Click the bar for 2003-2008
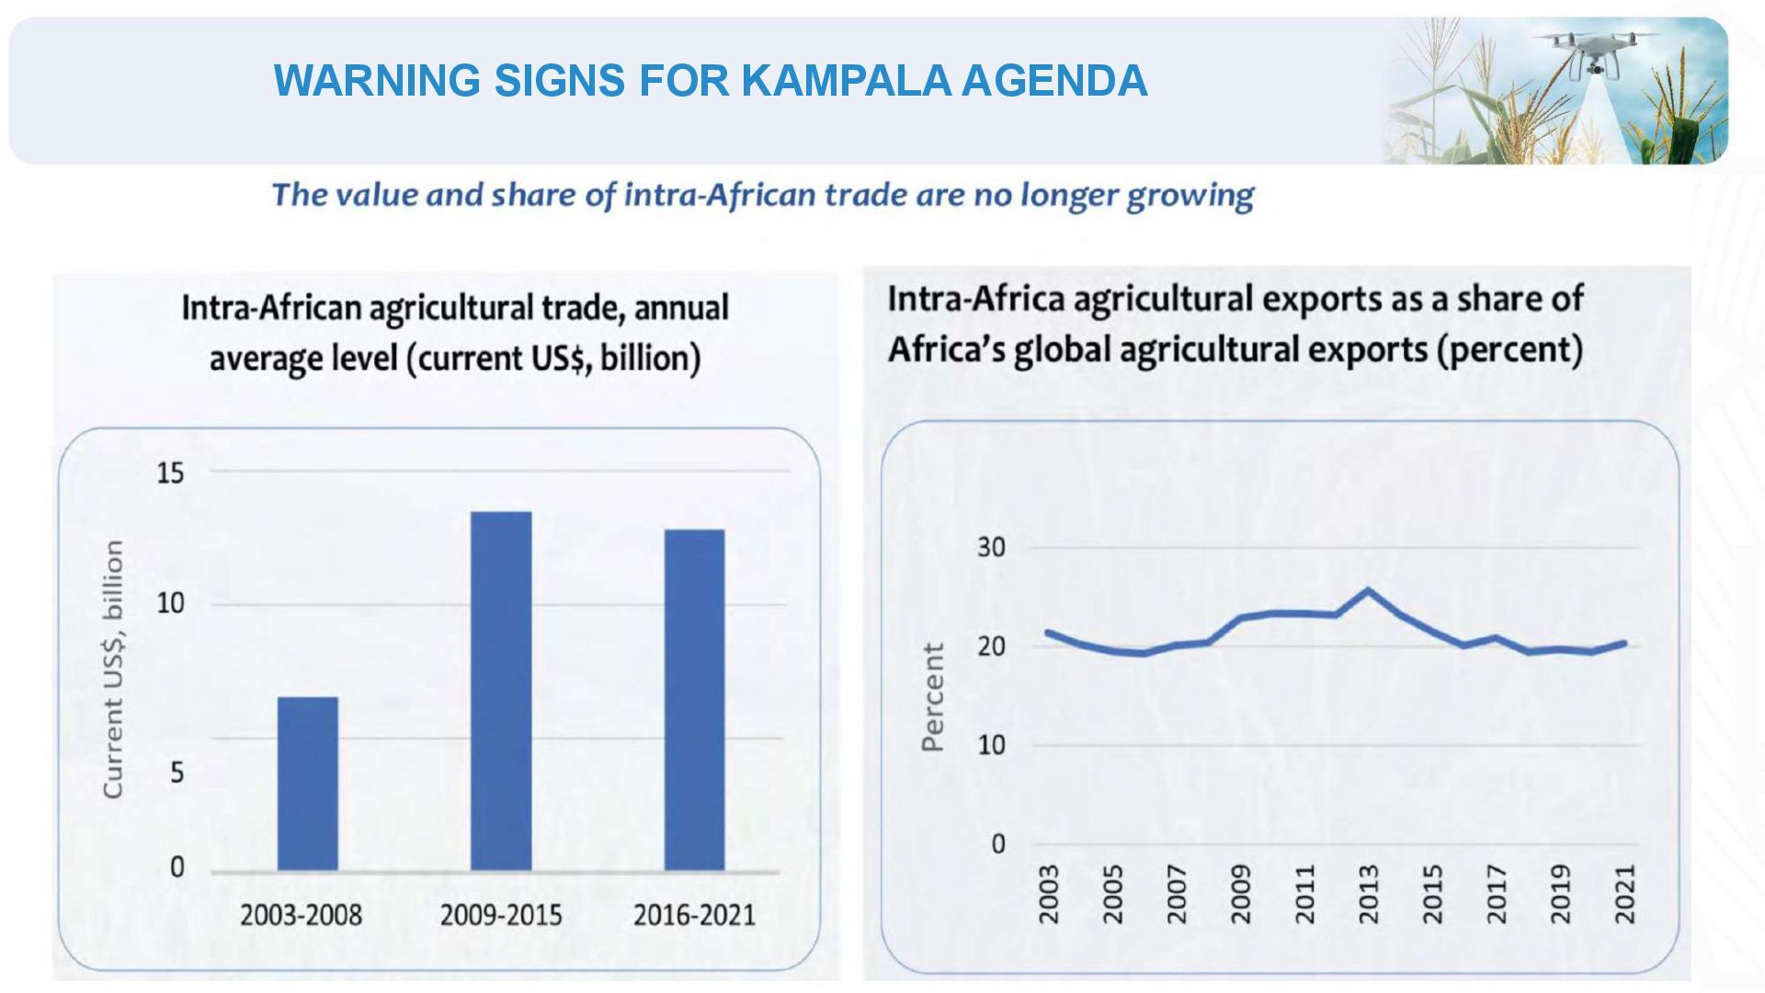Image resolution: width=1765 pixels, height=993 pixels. click(x=307, y=783)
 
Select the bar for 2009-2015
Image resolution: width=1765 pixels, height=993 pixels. click(x=501, y=691)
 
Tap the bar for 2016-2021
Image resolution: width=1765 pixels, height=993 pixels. click(x=694, y=700)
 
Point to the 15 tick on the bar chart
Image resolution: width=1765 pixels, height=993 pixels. click(x=170, y=474)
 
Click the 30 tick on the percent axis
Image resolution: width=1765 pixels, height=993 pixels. click(x=991, y=548)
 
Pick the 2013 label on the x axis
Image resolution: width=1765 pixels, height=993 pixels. click(x=1369, y=894)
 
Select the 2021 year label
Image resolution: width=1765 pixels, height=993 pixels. click(x=1625, y=894)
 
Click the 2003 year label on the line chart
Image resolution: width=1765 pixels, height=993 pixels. click(x=1049, y=894)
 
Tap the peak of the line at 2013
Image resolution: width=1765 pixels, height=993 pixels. click(x=1368, y=590)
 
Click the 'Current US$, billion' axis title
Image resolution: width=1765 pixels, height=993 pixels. click(x=112, y=669)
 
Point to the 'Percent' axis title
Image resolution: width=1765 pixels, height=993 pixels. click(x=932, y=697)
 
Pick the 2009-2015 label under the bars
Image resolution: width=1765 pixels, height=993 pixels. click(x=501, y=916)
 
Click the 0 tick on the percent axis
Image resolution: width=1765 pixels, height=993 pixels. click(x=998, y=844)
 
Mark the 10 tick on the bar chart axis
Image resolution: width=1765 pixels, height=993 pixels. click(x=170, y=604)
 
